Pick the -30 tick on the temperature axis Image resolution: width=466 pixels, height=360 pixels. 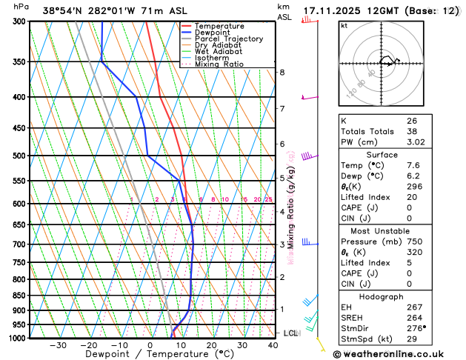pyautogui.click(x=58, y=345)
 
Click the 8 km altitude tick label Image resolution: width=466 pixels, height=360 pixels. pyautogui.click(x=282, y=72)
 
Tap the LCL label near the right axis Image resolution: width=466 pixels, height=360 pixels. pyautogui.click(x=290, y=333)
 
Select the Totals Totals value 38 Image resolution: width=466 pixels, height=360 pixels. pyautogui.click(x=411, y=131)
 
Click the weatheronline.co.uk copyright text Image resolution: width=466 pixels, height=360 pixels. pyautogui.click(x=398, y=353)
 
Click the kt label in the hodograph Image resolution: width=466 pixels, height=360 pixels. pyautogui.click(x=344, y=25)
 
